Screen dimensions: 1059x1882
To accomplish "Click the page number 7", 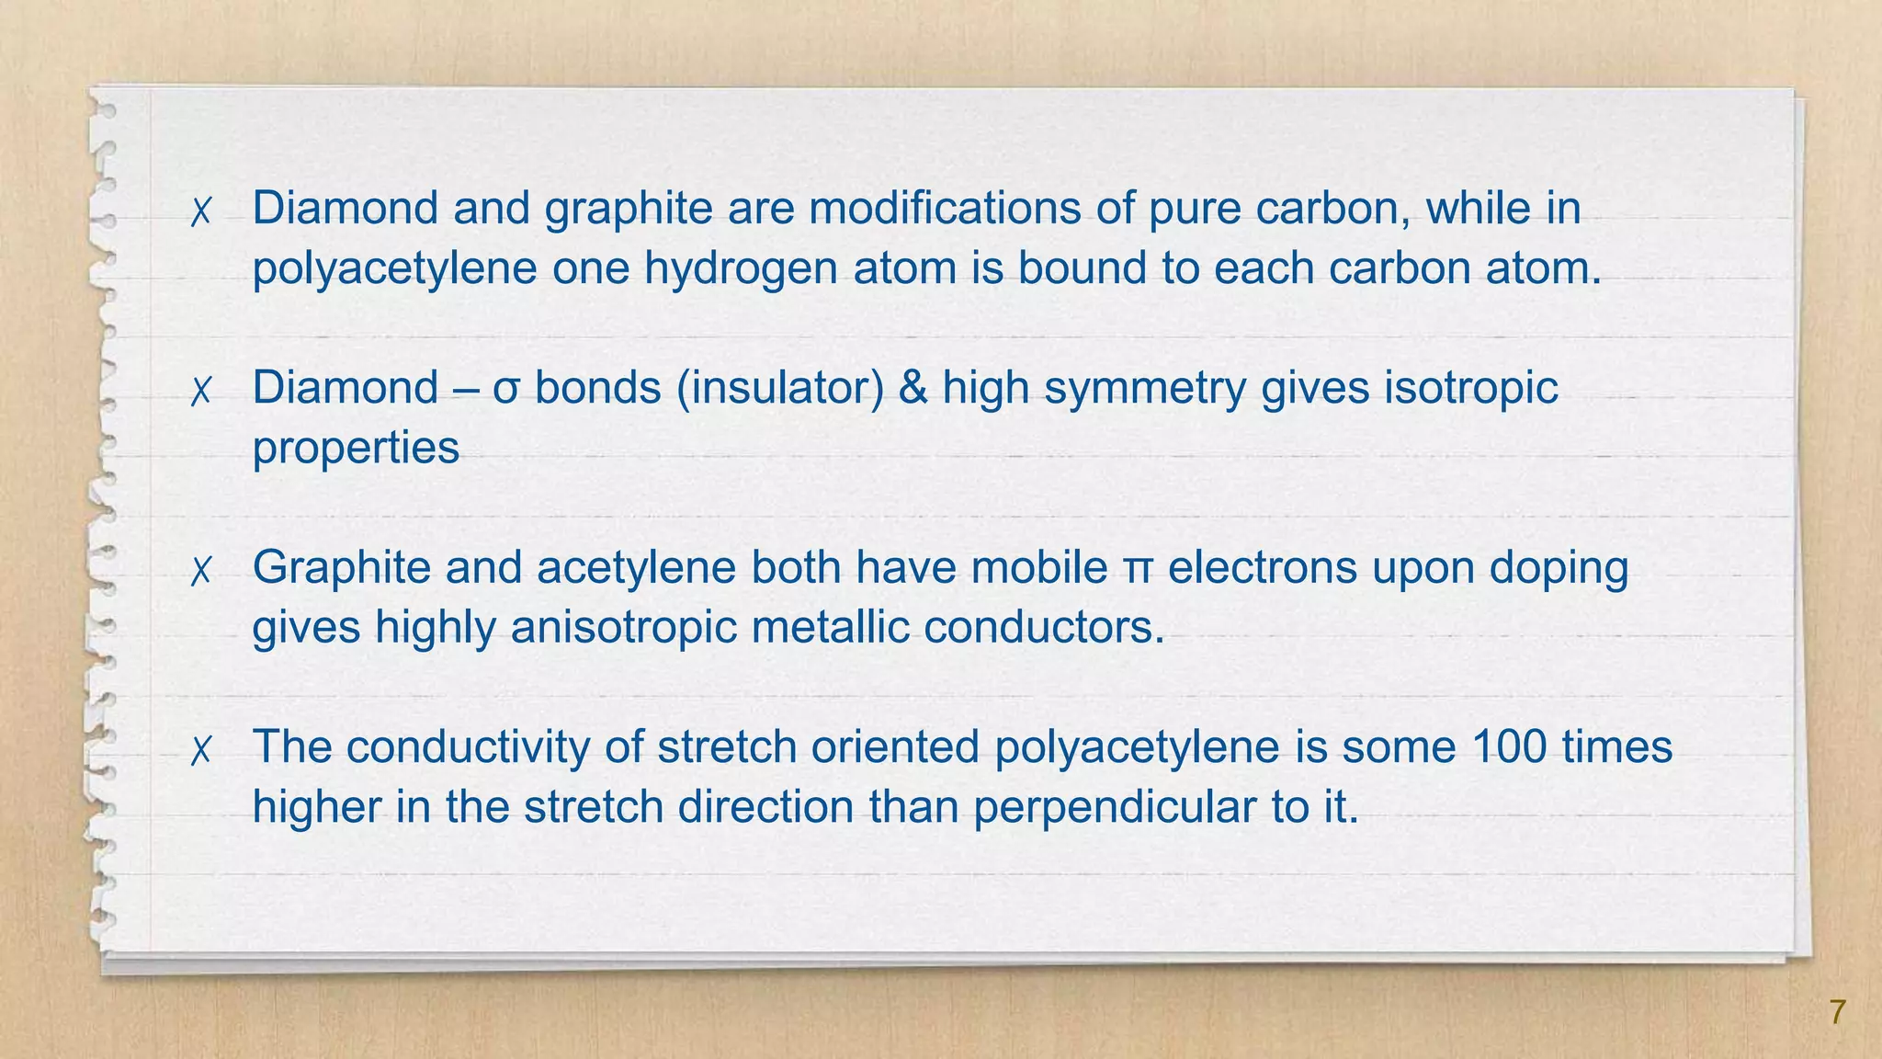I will point(1837,1012).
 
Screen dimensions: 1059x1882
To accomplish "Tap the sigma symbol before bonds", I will point(507,390).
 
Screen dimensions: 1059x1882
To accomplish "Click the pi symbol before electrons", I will point(1138,569).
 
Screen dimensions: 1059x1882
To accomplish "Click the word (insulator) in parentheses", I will point(779,388).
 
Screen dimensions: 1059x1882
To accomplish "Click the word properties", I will point(356,450).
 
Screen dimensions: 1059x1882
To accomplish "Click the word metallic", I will point(830,628).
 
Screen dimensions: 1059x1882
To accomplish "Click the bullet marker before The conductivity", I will point(200,750).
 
